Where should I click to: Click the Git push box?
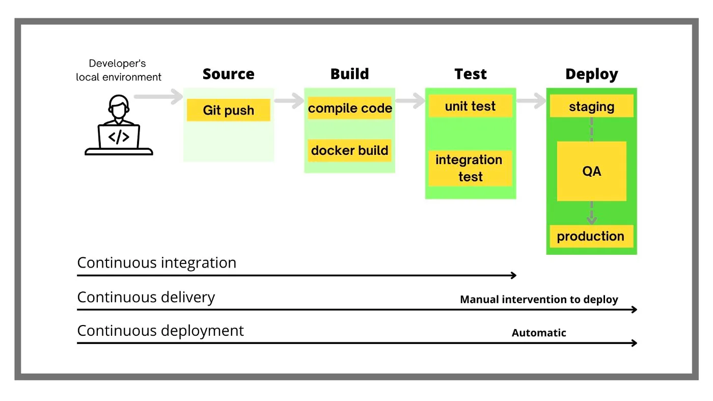(228, 110)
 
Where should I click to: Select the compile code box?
(349, 108)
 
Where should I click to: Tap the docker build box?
(349, 150)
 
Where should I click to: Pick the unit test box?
(470, 106)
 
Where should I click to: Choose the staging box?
(591, 106)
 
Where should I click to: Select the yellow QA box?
(591, 171)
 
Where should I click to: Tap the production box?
(591, 236)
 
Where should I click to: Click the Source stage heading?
(228, 74)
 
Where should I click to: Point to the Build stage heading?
(349, 74)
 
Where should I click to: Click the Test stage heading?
(471, 74)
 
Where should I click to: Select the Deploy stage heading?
(591, 74)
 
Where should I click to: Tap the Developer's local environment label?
(118, 70)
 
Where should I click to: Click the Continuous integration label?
(156, 263)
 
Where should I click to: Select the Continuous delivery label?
(146, 297)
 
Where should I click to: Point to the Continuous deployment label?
(160, 331)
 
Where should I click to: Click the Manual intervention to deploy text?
(539, 300)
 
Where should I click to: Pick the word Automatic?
(539, 333)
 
